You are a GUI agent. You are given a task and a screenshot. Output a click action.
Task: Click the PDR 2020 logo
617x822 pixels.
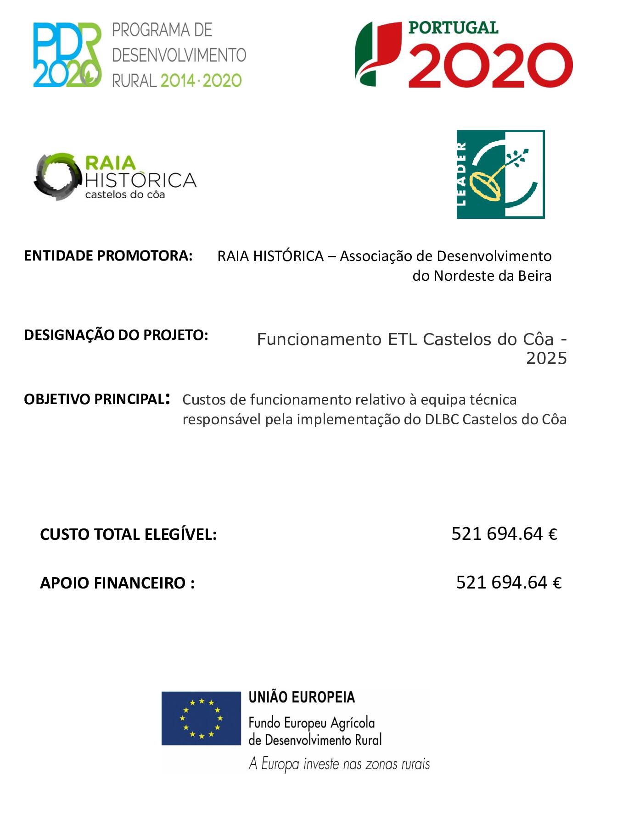(x=67, y=55)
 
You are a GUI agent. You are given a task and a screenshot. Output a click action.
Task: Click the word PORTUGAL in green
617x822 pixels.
(x=453, y=28)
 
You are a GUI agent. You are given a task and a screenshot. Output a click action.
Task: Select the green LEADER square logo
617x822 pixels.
(x=500, y=174)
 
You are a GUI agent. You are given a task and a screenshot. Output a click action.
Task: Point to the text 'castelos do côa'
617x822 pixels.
(x=125, y=194)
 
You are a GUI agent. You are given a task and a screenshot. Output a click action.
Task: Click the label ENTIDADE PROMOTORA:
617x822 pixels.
(x=108, y=255)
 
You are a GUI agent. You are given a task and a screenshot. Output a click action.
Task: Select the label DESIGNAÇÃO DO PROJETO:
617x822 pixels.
(x=116, y=335)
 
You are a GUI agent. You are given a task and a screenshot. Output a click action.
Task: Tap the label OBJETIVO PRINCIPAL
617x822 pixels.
(x=94, y=399)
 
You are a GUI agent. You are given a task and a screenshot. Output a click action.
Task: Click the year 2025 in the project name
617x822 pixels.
(x=546, y=358)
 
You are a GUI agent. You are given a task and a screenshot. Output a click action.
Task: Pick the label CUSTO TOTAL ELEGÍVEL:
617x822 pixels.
(x=128, y=534)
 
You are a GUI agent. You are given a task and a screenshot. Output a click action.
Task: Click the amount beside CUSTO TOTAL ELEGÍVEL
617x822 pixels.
(x=504, y=534)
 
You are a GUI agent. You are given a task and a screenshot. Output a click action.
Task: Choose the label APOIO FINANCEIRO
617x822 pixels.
(x=117, y=583)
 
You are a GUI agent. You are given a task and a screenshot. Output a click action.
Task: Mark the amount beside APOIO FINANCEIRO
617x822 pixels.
(x=509, y=583)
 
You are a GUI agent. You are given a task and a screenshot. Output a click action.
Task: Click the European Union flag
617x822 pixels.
(x=201, y=718)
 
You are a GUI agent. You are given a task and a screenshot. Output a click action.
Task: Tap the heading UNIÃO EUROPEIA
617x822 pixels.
(x=302, y=697)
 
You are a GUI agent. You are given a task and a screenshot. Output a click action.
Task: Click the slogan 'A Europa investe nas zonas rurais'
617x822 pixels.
(x=339, y=764)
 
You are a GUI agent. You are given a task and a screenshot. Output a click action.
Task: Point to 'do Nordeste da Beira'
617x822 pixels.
(x=482, y=276)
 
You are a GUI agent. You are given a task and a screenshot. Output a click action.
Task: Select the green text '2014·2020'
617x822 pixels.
(x=201, y=81)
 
